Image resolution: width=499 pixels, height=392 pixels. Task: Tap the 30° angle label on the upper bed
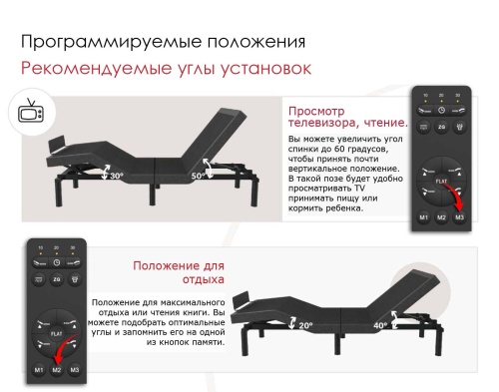click(x=116, y=176)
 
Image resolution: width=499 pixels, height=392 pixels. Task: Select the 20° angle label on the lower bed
click(x=304, y=323)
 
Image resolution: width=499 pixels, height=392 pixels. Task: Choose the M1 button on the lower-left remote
click(x=38, y=370)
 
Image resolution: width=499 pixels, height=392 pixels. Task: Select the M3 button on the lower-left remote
click(x=76, y=370)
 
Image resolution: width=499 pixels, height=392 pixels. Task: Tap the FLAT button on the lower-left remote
click(x=57, y=324)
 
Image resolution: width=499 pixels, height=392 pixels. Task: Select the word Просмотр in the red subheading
click(x=316, y=111)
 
